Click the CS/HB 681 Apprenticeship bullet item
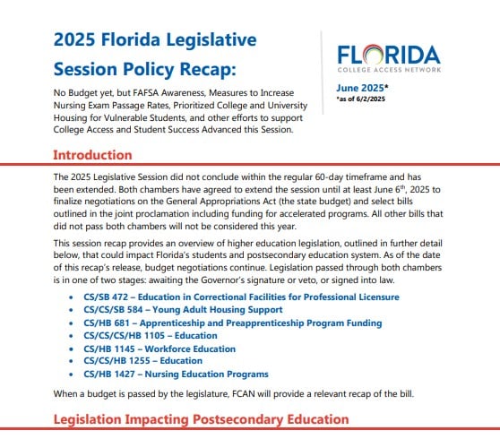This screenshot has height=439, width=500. (x=232, y=322)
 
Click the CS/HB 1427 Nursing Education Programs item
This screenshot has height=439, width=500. (x=175, y=374)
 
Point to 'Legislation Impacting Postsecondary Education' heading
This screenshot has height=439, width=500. (x=202, y=418)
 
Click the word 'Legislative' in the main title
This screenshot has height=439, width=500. (x=205, y=40)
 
